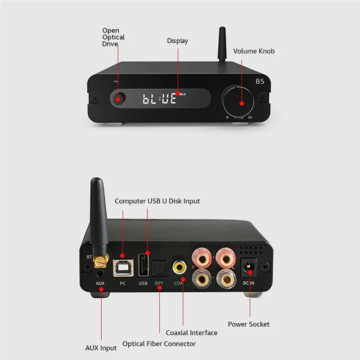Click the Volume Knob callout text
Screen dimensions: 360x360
[253, 51]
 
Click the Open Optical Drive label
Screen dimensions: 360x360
[113, 37]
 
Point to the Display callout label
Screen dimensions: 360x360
[177, 41]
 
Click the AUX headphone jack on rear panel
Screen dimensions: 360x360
[100, 273]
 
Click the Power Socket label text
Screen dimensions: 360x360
[248, 324]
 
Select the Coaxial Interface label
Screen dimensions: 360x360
[191, 333]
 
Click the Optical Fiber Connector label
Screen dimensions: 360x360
[159, 344]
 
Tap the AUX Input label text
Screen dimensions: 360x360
[101, 348]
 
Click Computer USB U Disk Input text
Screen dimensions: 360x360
[157, 201]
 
